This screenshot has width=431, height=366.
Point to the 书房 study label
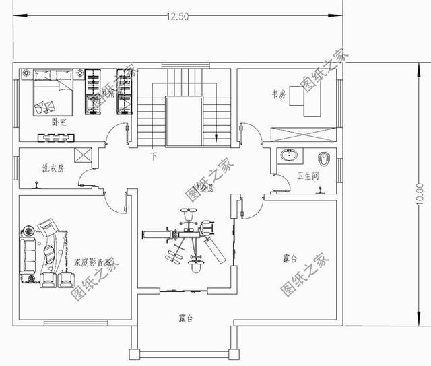278,96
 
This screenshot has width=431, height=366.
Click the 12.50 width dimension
174,16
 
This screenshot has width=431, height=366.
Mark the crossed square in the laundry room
84,155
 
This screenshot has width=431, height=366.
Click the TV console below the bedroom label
56,138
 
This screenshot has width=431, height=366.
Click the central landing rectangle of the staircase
183,120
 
